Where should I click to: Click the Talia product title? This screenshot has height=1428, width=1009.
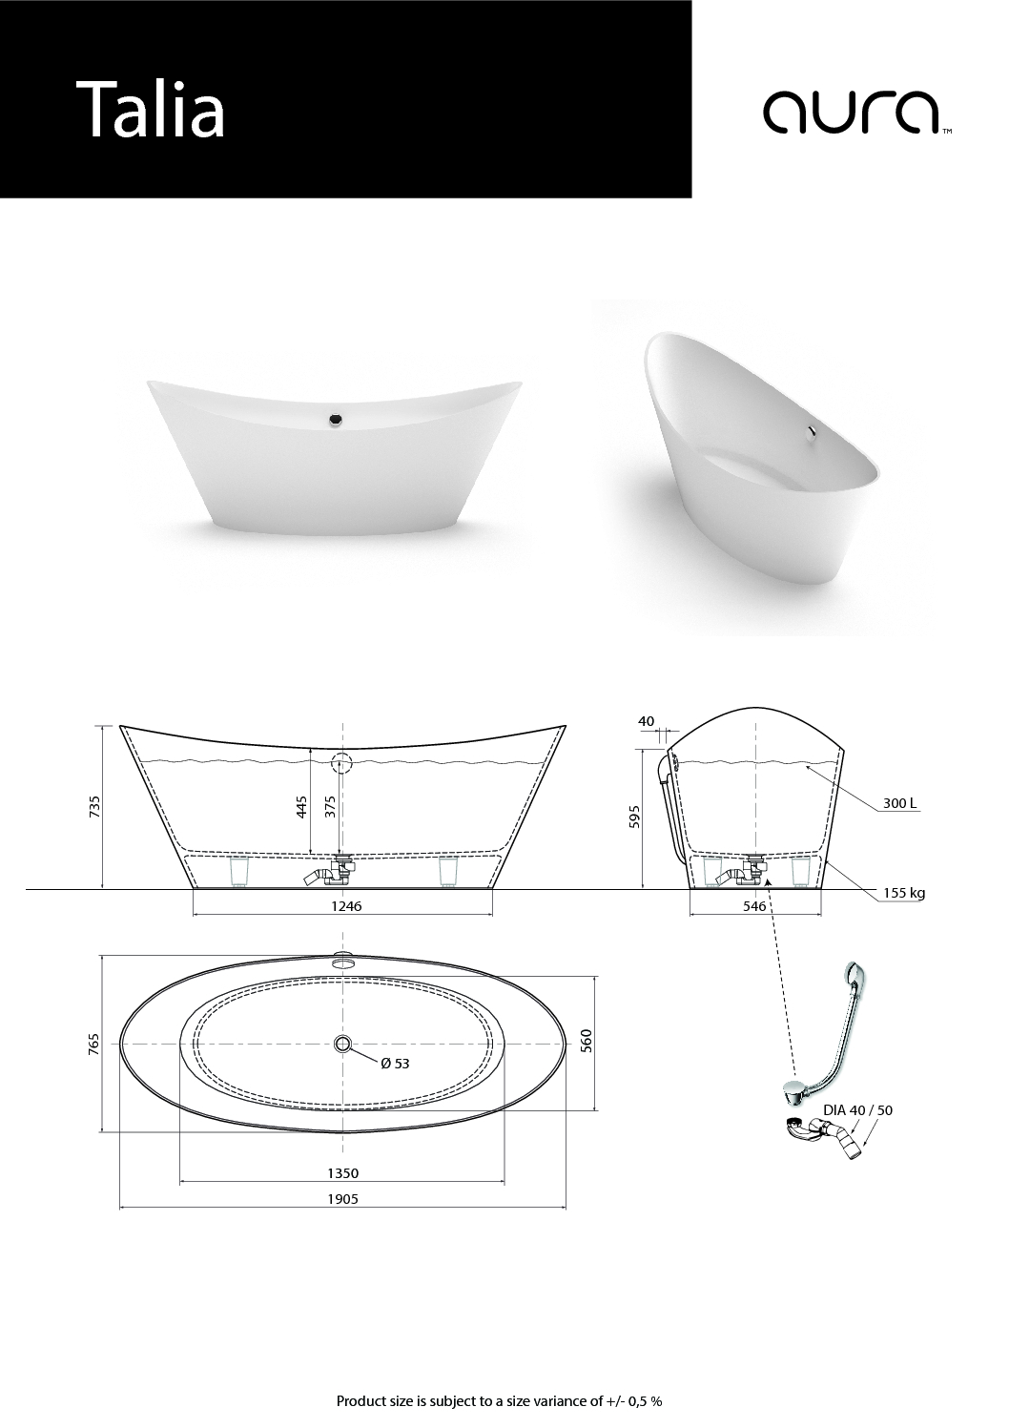pyautogui.click(x=151, y=109)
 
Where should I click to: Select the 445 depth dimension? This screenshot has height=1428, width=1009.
pyautogui.click(x=301, y=806)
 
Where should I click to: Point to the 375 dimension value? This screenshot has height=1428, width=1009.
pyautogui.click(x=329, y=806)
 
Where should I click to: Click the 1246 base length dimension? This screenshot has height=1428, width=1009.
pyautogui.click(x=345, y=906)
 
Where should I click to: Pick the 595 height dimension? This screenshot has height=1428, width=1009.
pyautogui.click(x=634, y=817)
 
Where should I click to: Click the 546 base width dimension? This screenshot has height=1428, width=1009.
pyautogui.click(x=754, y=906)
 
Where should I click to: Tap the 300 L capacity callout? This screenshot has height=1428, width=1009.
pyautogui.click(x=899, y=803)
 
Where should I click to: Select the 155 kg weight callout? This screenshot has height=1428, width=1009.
pyautogui.click(x=904, y=893)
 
